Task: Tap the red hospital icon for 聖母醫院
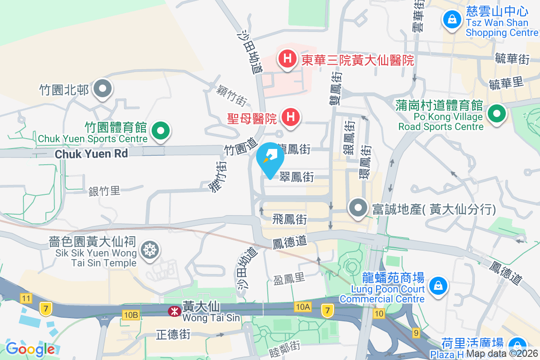tap(291, 117)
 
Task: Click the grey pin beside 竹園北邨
tap(103, 89)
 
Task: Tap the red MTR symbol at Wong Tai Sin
tap(173, 310)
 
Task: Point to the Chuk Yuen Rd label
tap(91, 154)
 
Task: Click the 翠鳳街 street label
tap(297, 177)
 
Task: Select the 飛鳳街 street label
tap(290, 220)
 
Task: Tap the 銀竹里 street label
tap(104, 191)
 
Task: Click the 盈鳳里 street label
tap(289, 279)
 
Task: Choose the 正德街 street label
tap(173, 334)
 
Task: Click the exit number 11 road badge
tap(27, 298)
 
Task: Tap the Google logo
tap(30, 349)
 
